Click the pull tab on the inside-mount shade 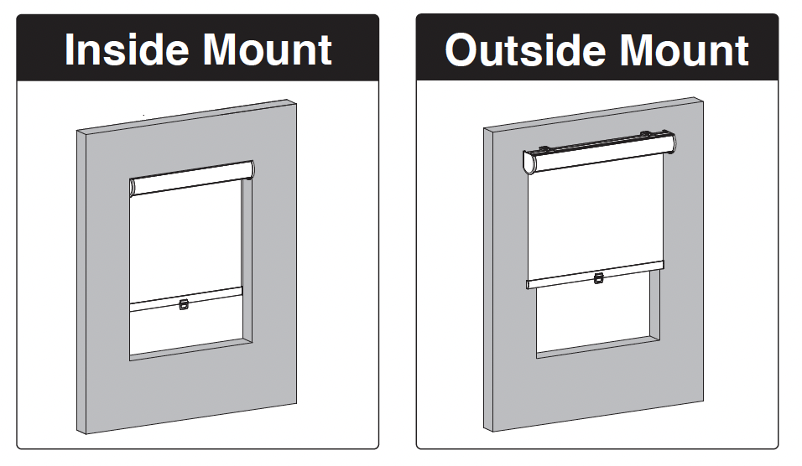click(185, 304)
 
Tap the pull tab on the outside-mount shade click(598, 278)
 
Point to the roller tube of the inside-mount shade click(193, 178)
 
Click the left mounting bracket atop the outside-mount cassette click(546, 149)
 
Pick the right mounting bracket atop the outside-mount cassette click(645, 133)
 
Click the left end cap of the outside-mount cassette click(529, 163)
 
